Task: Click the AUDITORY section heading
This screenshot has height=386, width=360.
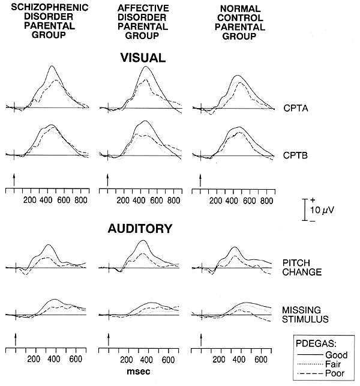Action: (140, 229)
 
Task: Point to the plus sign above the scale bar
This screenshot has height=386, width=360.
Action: (313, 199)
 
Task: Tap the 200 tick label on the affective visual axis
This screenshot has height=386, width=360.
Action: (124, 201)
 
